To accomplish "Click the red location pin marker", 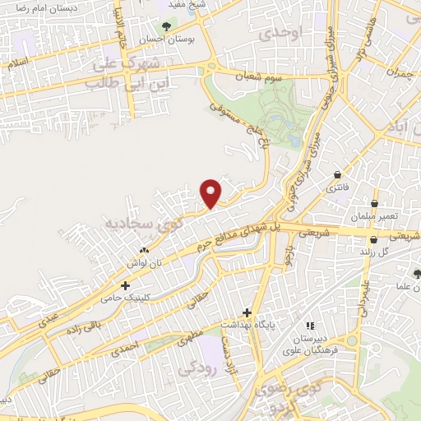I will tap(211, 192).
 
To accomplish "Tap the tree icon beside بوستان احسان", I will tap(167, 26).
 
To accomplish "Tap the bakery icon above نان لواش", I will tap(146, 250).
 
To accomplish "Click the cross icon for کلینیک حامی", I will tap(125, 285).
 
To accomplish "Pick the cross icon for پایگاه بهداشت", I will tap(247, 312).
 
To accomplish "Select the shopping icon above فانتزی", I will tap(338, 174).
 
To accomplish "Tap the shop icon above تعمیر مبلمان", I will tap(375, 203).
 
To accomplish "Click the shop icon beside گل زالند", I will tap(374, 240).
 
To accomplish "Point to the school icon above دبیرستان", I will tap(310, 325).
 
